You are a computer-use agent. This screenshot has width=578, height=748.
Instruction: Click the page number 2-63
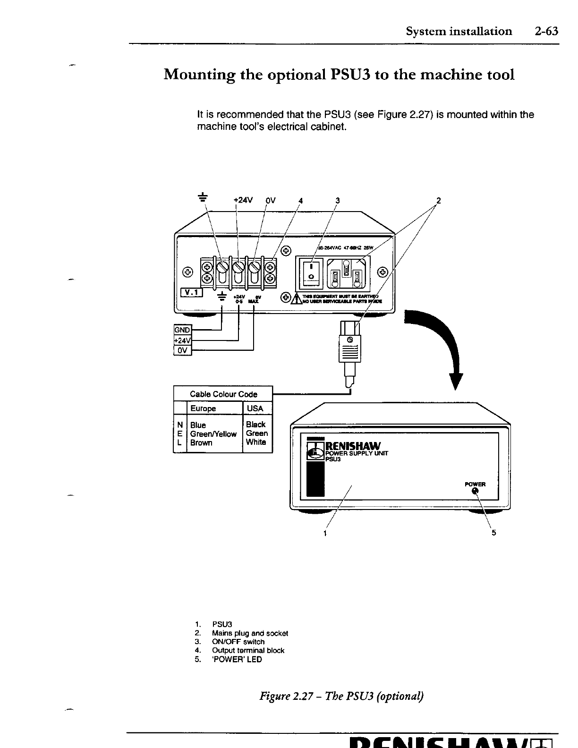546,32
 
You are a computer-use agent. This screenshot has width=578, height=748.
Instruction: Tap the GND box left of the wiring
182,330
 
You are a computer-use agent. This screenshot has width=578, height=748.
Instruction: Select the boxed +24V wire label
182,340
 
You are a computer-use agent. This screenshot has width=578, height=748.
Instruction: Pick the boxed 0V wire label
182,350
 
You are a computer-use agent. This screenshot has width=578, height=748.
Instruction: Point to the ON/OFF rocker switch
311,273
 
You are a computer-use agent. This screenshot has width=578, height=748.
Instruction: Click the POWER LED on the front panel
476,493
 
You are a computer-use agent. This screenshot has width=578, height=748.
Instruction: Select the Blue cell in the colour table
198,425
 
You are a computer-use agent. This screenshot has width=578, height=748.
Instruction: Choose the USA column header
255,408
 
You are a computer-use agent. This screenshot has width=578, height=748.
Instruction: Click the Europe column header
203,408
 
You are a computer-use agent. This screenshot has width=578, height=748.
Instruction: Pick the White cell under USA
256,442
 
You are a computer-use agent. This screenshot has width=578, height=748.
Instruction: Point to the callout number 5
494,533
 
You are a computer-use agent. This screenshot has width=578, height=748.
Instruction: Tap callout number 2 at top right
438,200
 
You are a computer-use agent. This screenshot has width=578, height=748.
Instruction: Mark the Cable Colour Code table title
223,394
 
